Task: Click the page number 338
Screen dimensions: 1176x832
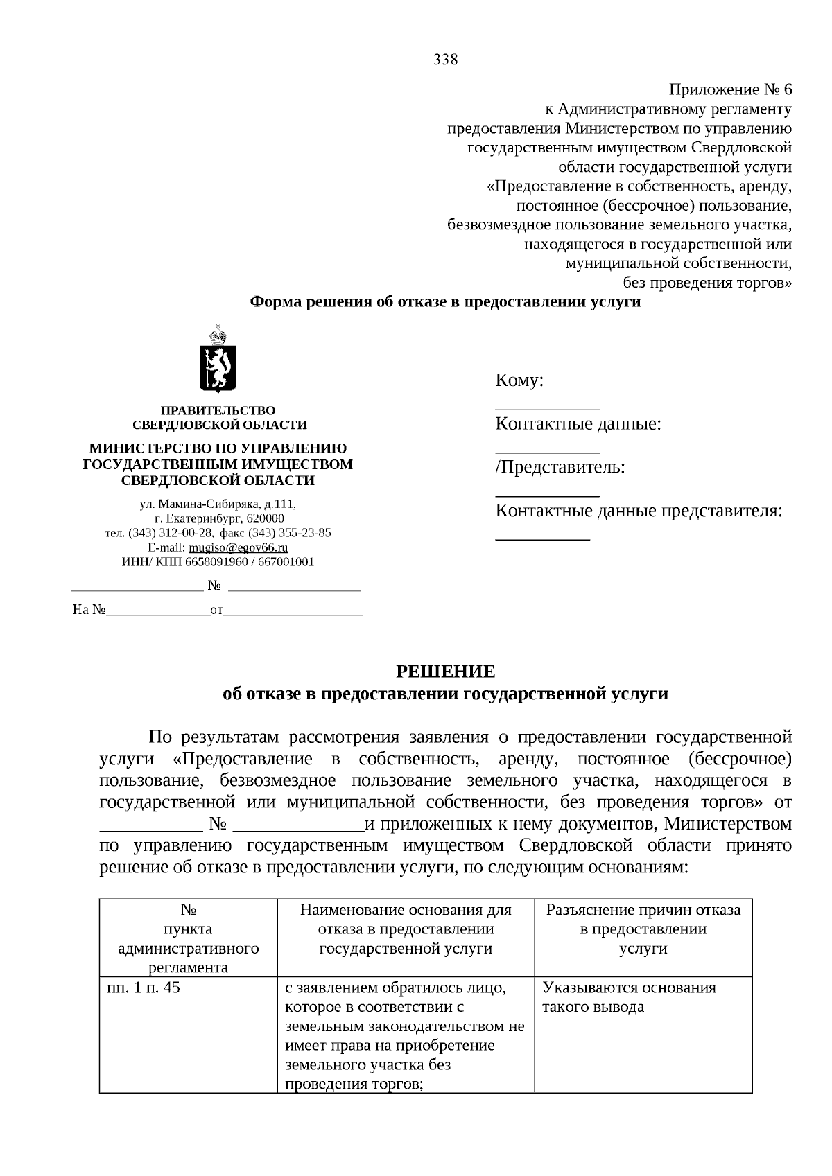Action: pyautogui.click(x=445, y=60)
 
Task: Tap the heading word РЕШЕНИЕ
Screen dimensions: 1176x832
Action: pyautogui.click(x=445, y=672)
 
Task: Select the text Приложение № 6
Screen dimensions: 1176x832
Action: pyautogui.click(x=729, y=90)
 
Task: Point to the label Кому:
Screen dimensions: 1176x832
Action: pyautogui.click(x=519, y=380)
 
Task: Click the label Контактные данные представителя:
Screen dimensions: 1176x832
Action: pyautogui.click(x=639, y=511)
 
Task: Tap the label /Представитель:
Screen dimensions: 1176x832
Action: pyautogui.click(x=560, y=468)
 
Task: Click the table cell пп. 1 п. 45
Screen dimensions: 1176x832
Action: pyautogui.click(x=141, y=988)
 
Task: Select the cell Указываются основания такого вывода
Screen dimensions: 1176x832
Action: pyautogui.click(x=629, y=997)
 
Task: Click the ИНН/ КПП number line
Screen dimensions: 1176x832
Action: pyautogui.click(x=218, y=562)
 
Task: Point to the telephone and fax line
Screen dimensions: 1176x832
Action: pyautogui.click(x=218, y=533)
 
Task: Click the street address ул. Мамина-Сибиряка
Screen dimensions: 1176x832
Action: pyautogui.click(x=218, y=504)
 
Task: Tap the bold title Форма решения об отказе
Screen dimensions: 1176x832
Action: pyautogui.click(x=445, y=302)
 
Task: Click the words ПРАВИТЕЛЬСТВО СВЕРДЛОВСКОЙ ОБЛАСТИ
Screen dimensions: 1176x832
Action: pyautogui.click(x=219, y=418)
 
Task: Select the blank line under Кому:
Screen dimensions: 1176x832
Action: pyautogui.click(x=547, y=407)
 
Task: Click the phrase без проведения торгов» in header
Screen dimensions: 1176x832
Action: pyautogui.click(x=707, y=283)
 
